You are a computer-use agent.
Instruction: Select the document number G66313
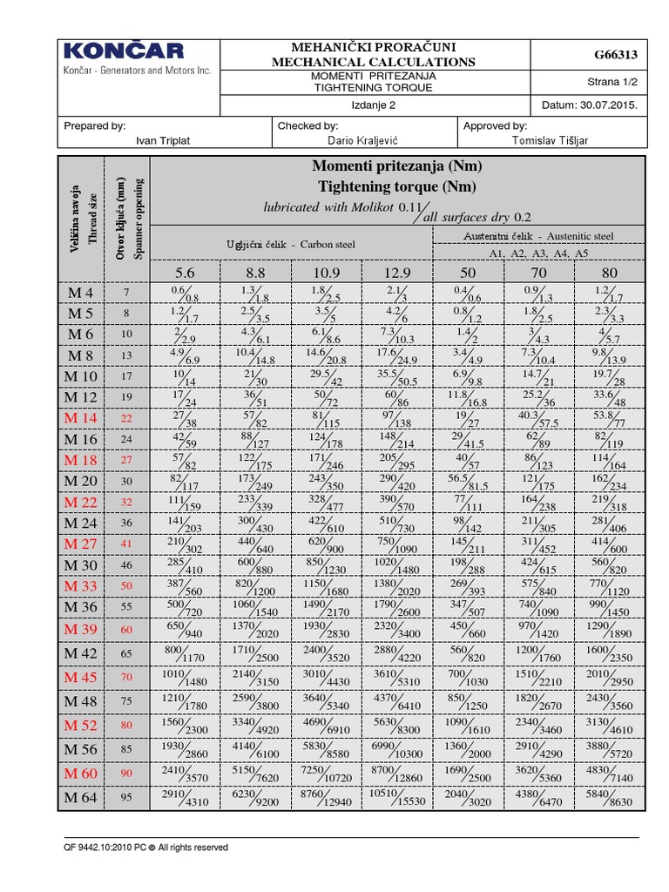615,55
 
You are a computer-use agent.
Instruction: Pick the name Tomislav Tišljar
555,139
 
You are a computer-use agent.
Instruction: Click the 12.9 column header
396,273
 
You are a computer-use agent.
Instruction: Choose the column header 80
610,273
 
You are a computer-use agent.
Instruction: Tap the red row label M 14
82,418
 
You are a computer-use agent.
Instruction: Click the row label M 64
82,795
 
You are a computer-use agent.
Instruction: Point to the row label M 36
82,607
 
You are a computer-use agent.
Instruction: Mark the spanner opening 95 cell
126,795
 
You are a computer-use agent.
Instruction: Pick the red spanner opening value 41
126,544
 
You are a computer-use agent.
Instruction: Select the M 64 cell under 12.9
396,795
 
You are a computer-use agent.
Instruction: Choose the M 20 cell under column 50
469,482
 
